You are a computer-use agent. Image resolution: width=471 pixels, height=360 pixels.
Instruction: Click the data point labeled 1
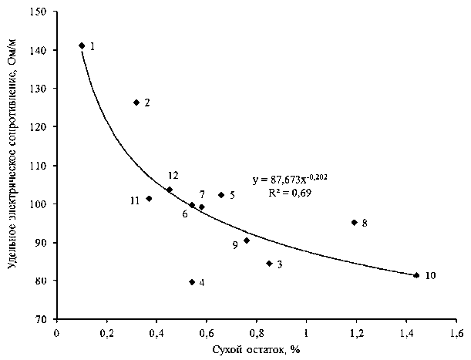pos(82,45)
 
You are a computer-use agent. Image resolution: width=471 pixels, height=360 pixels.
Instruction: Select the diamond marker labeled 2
pos(136,103)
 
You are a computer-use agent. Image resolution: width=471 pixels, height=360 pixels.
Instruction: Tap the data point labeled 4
pos(192,282)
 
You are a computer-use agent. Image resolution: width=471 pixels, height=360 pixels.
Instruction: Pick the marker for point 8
pos(355,223)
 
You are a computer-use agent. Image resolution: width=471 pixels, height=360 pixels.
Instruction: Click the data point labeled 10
pos(416,275)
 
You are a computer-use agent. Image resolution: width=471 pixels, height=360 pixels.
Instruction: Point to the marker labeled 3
pos(269,264)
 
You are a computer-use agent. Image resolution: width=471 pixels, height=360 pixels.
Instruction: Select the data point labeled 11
pos(149,199)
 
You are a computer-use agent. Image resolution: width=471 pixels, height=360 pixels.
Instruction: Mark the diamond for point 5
pos(221,195)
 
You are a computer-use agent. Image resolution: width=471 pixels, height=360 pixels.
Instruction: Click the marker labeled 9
pos(247,241)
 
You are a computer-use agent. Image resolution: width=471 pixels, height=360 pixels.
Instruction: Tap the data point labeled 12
pos(170,190)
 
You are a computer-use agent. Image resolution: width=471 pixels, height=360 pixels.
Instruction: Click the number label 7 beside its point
pos(202,194)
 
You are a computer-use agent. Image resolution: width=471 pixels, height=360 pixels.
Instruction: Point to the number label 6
pos(185,214)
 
